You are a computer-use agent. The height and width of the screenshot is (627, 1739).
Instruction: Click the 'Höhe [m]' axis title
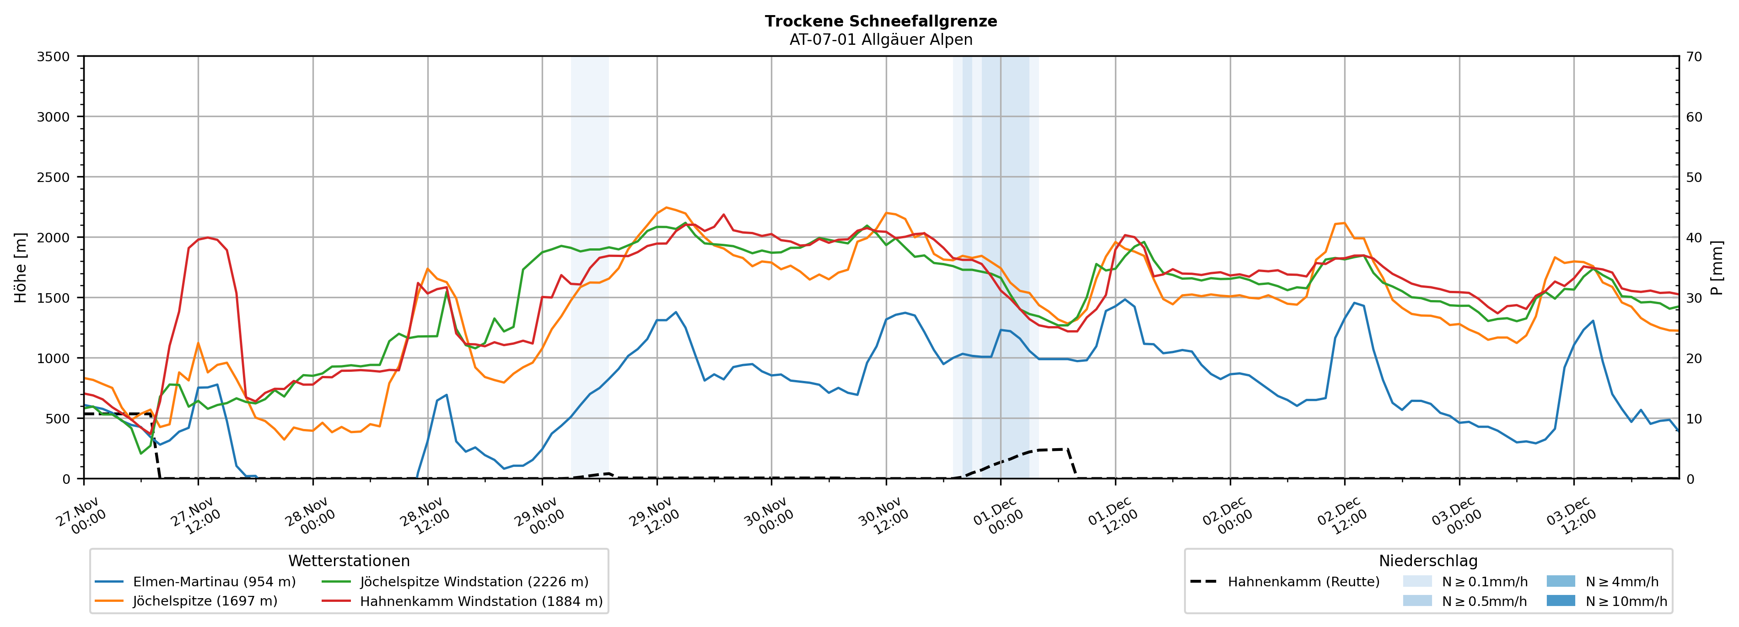20,267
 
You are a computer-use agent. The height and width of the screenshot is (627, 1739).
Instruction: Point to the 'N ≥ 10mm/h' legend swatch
1560,600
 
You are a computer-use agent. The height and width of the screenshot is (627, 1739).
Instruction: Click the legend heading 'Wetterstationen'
349,561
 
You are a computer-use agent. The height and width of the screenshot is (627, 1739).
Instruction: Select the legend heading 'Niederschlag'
1428,561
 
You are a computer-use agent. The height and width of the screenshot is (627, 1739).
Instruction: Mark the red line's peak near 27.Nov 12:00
208,237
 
